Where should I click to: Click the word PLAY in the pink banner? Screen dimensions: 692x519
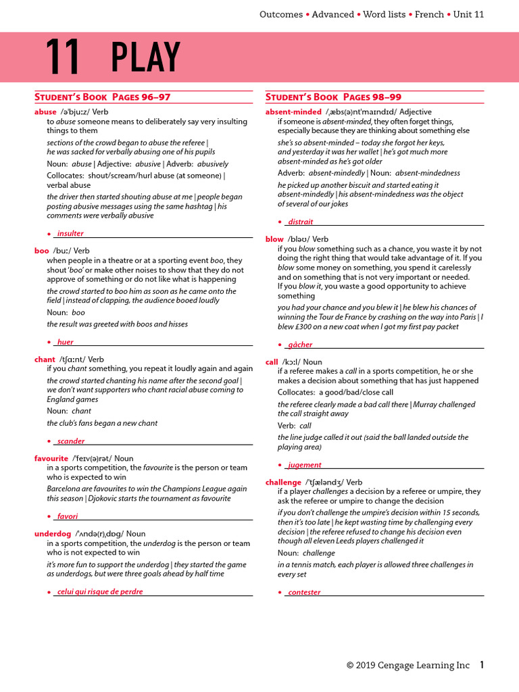146,57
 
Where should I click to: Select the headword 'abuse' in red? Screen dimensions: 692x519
45,112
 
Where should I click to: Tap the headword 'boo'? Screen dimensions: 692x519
41,250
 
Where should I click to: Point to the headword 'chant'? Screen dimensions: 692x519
45,360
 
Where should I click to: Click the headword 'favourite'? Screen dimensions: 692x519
51,458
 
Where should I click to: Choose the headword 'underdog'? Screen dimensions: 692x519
53,534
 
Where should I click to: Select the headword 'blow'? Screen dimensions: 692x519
274,239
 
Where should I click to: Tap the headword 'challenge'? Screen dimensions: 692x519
283,482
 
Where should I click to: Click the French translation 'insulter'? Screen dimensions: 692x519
70,234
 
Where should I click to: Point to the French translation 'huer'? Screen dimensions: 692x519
65,342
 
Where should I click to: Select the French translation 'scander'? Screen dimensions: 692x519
71,441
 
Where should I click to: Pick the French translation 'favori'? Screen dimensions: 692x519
68,516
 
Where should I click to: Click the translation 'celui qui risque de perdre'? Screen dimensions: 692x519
100,592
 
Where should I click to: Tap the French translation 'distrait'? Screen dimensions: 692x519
300,222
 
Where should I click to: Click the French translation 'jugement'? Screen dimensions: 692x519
304,465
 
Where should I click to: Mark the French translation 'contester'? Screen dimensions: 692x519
304,593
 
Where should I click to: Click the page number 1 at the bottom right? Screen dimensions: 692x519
482,665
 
